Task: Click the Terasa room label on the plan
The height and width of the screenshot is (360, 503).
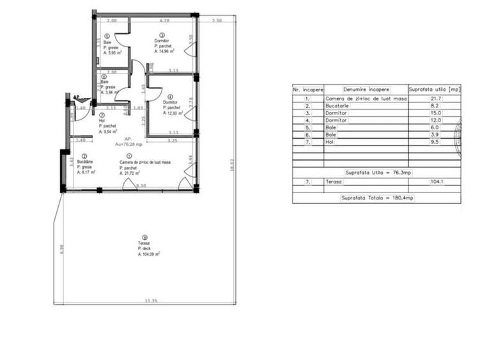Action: [x=143, y=244]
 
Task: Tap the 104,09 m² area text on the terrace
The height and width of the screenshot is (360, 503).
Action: [x=149, y=254]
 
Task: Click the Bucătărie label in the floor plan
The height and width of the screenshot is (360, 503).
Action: [x=86, y=162]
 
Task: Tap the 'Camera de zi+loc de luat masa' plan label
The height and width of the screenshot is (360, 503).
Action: [x=144, y=162]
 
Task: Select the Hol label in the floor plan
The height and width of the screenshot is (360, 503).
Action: [x=102, y=120]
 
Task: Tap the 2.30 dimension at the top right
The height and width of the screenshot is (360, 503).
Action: [x=216, y=21]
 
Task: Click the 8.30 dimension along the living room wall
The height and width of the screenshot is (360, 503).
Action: [x=141, y=185]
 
